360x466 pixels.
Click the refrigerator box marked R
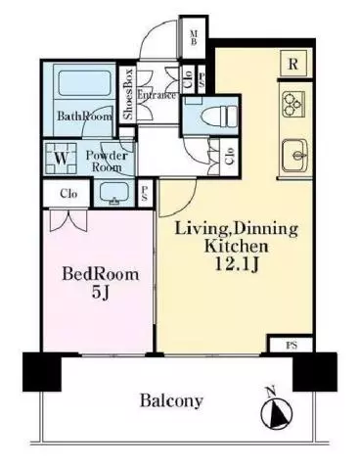293,64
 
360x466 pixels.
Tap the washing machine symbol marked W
62,159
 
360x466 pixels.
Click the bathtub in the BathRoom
84,83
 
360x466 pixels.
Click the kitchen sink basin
294,156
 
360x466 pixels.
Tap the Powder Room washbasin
113,193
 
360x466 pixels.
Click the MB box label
194,37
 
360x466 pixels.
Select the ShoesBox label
128,94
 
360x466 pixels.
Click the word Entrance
157,96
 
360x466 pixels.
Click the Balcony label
171,400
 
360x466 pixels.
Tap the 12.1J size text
237,264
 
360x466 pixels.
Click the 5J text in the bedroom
100,293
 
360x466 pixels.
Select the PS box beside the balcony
292,346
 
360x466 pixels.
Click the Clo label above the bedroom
68,194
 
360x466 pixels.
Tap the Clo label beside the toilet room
230,156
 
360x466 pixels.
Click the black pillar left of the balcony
42,372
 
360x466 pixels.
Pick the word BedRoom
101,274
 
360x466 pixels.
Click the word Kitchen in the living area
237,247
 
